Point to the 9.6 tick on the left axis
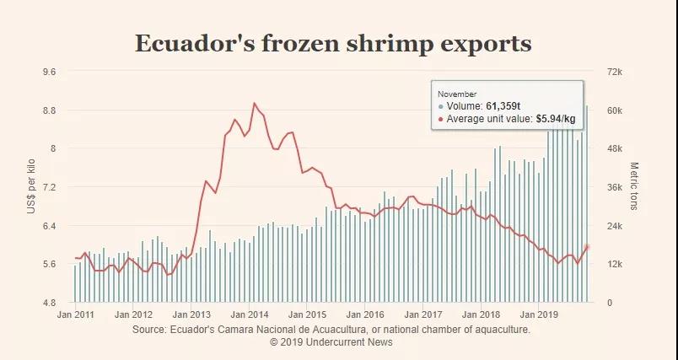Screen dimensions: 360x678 (49, 72)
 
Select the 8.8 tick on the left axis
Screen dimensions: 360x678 (49, 110)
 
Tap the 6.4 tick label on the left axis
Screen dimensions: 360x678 (49, 226)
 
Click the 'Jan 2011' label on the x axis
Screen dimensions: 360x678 (75, 314)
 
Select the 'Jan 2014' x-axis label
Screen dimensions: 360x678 (250, 314)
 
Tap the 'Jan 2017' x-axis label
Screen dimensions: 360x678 (424, 314)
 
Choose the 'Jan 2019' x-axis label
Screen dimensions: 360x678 (541, 314)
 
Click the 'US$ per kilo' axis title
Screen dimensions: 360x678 (31, 186)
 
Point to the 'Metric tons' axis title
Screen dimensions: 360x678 (634, 186)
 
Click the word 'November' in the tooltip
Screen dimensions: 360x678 (456, 93)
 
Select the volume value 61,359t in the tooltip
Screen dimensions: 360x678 (503, 106)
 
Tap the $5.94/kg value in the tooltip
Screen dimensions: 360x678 (555, 119)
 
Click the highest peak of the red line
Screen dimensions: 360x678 (255, 103)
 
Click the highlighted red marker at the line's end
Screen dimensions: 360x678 (587, 247)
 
